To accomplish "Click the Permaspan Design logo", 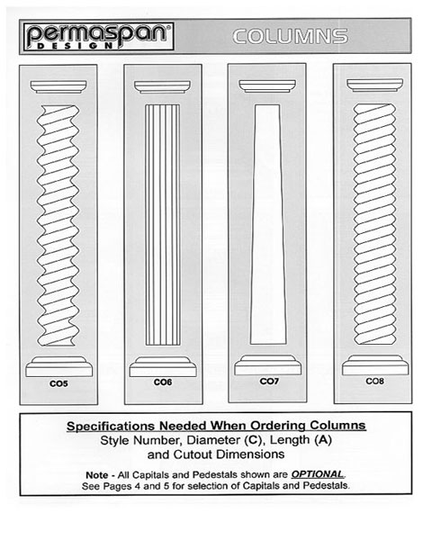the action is [x=98, y=37].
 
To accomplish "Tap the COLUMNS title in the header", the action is [x=290, y=37].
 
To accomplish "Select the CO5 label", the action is [x=58, y=383].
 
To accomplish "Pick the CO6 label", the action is [x=163, y=382].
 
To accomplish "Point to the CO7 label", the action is [x=269, y=382].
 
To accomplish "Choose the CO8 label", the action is [x=374, y=381].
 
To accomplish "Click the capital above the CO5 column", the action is [x=58, y=86].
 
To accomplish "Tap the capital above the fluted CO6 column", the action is [x=162, y=86].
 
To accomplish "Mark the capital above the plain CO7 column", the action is [x=267, y=86].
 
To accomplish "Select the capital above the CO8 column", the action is [x=374, y=85].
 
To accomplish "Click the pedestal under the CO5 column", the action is [x=58, y=366].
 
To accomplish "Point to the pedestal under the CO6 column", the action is [x=163, y=366].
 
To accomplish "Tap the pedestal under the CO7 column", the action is [x=268, y=365].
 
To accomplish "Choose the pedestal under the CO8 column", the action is [x=375, y=365].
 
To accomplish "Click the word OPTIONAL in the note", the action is [x=317, y=474].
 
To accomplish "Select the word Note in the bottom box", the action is [x=97, y=475].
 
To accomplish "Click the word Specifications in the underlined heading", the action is [x=111, y=427].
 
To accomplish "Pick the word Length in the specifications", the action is [x=290, y=440].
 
